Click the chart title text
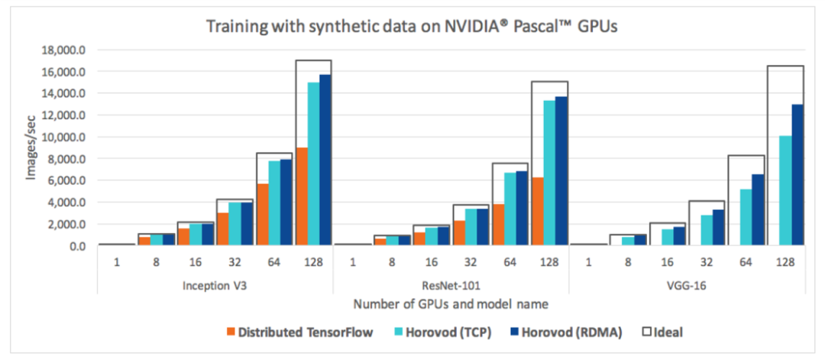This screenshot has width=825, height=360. point(413,26)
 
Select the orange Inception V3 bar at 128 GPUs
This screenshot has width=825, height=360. point(302,196)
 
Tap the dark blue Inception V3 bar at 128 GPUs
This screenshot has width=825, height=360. point(325,161)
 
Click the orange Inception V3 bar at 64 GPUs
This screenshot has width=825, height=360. point(264,215)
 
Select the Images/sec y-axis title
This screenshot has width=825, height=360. point(31,148)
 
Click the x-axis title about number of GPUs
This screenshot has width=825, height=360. point(450,304)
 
